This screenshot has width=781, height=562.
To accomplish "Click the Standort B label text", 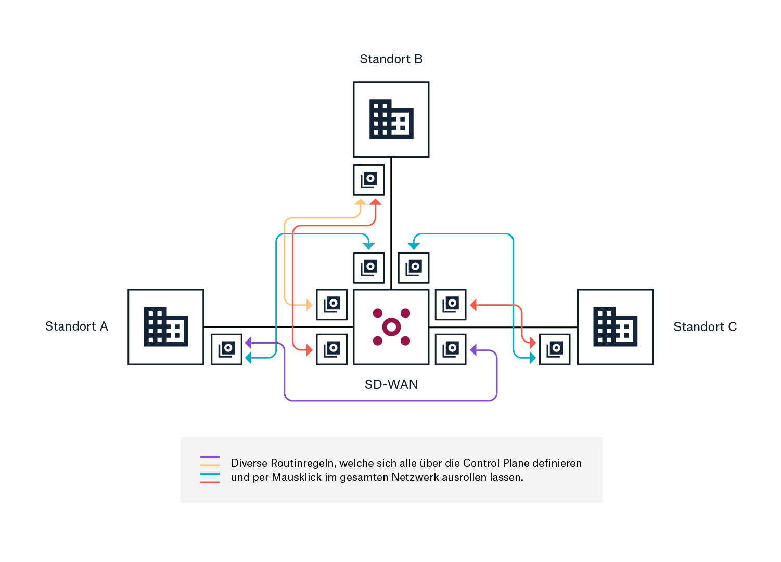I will tap(391, 59).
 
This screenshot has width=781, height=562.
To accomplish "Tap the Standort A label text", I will tap(76, 326).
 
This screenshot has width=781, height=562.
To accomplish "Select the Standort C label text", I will tap(705, 327).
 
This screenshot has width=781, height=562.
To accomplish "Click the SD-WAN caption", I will tap(391, 385).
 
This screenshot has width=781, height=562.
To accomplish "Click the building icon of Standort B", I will tap(391, 120).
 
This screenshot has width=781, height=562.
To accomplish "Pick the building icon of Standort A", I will tap(166, 327).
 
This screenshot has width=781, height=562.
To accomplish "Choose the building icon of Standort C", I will tap(615, 327).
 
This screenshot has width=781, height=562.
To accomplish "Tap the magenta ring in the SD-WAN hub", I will tap(391, 327).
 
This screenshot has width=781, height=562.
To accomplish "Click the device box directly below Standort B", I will tap(369, 180).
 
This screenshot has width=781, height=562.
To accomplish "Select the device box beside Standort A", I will tap(226, 349).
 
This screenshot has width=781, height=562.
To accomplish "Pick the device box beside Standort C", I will tap(555, 349).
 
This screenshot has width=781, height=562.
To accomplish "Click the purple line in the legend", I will tap(210, 456).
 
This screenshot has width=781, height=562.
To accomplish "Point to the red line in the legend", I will tap(210, 482).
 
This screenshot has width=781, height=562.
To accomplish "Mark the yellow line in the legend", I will tap(210, 465).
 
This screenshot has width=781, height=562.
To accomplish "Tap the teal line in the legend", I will tap(210, 474).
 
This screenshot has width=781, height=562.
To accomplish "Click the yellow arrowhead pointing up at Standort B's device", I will tap(360, 202).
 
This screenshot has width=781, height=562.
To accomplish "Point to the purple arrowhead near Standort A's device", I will tap(248, 343).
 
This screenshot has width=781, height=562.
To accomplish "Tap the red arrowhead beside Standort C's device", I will tap(532, 343).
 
